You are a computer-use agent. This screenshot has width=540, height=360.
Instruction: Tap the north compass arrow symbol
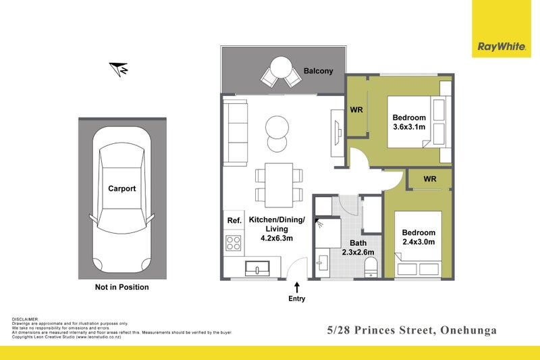pyautogui.click(x=119, y=68)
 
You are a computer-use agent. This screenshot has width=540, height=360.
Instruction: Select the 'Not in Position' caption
pyautogui.click(x=122, y=287)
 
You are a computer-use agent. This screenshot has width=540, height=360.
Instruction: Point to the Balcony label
pyautogui.click(x=318, y=71)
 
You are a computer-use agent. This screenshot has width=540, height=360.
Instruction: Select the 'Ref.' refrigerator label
pyautogui.click(x=234, y=220)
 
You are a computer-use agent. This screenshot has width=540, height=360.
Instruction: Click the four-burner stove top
pyautogui.click(x=234, y=242)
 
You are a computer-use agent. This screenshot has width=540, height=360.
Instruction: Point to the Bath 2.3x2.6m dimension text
pyautogui.click(x=357, y=248)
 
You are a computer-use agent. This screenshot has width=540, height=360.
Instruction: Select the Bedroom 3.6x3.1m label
pyautogui.click(x=409, y=122)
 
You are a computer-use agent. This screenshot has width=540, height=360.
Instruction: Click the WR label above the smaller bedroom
pyautogui.click(x=430, y=179)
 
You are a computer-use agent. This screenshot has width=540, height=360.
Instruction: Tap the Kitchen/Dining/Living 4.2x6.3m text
pyautogui.click(x=277, y=229)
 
